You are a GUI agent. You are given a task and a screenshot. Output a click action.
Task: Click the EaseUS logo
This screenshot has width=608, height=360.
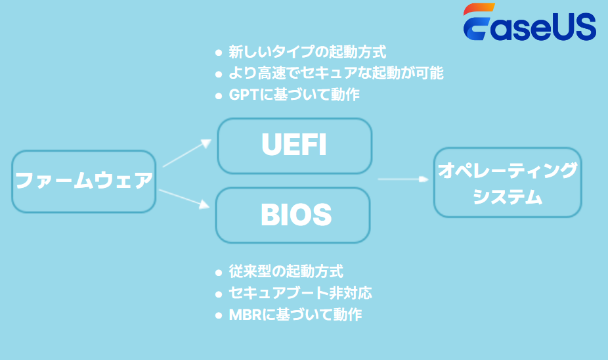coord(529,24)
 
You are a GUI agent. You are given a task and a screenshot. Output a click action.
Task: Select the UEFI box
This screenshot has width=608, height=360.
coord(294,146)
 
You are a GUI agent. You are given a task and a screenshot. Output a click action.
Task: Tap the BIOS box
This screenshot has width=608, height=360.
coord(293,215)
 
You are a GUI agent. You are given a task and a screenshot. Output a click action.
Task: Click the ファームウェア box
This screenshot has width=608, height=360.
coord(83,181)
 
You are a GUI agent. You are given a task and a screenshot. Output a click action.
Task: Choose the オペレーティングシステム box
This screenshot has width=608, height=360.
coord(507,183)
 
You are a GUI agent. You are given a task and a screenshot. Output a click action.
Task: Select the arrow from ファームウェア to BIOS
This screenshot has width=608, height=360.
coord(185,198)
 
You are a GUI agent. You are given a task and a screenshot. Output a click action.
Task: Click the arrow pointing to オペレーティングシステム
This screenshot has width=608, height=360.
coord(402,178)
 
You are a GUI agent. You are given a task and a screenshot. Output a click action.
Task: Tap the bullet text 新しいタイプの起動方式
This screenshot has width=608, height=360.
coord(307,51)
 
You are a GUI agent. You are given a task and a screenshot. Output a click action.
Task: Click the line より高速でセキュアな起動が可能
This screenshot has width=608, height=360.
coord(336,73)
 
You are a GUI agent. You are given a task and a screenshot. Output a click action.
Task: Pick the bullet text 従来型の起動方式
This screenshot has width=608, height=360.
coord(286,271)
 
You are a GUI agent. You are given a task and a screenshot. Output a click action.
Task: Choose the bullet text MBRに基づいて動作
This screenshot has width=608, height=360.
coord(295,314)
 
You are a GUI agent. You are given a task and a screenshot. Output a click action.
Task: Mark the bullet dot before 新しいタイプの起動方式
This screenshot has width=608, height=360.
coord(219,52)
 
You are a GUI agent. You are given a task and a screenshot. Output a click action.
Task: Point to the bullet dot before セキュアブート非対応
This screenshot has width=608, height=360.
coord(219,293)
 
